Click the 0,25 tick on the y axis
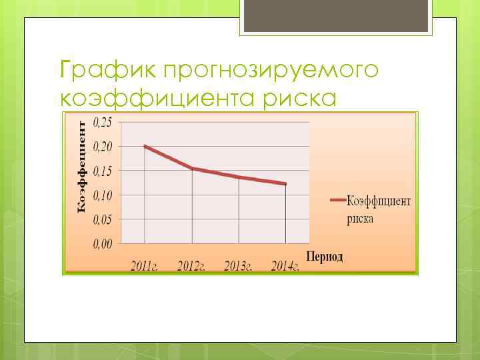click(102, 121)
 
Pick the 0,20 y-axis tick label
click(102, 146)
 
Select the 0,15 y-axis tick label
click(102, 171)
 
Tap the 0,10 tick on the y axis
click(102, 195)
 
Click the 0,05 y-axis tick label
click(102, 219)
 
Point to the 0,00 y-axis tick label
click(102, 243)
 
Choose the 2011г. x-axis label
click(145, 266)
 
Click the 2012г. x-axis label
click(191, 266)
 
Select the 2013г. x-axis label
click(238, 266)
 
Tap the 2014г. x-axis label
click(285, 266)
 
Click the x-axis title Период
click(325, 257)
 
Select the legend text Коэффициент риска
click(378, 209)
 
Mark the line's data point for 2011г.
click(145, 146)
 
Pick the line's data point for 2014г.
click(285, 184)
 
